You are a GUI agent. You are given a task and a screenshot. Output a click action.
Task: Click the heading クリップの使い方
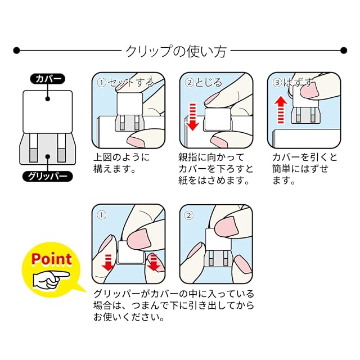point(175,51)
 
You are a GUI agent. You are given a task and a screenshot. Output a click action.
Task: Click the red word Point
point(51,259)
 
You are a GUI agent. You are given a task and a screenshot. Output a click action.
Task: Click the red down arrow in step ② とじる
point(192,116)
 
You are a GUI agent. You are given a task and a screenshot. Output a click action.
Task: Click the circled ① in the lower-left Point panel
point(102,214)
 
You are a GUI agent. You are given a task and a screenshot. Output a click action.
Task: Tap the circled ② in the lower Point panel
point(190,214)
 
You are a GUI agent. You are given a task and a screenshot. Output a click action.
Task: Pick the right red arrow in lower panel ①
point(154,262)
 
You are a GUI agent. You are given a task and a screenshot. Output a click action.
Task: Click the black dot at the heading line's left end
point(17,51)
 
